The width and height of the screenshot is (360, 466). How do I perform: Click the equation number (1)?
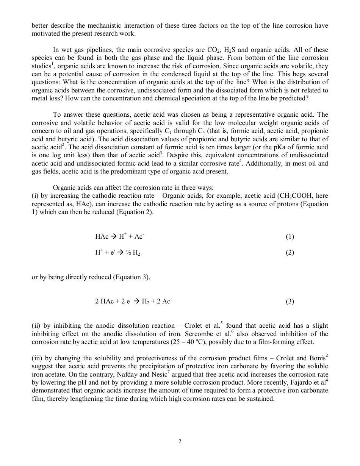coord(290,237)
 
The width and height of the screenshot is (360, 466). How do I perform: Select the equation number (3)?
coord(290,302)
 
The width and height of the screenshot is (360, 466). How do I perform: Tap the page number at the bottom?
coord(180,441)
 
